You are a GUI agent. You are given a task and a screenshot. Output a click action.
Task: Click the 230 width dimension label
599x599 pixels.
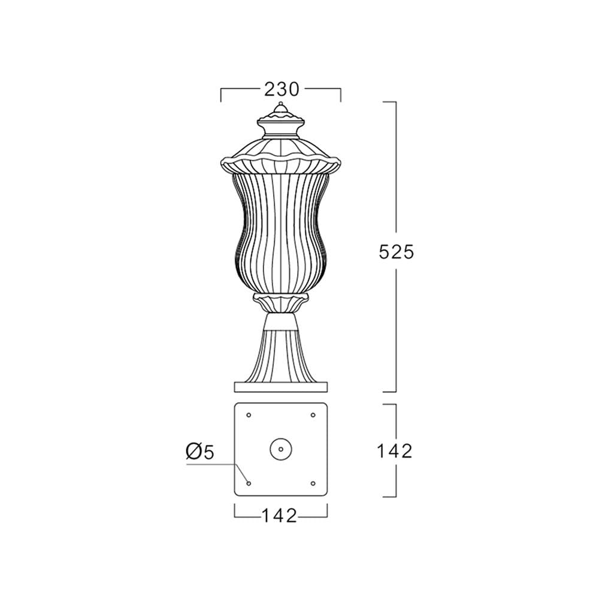(282, 90)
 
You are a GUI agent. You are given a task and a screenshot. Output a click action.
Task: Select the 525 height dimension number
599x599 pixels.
(396, 252)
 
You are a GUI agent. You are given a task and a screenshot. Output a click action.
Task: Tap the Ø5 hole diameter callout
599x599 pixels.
(200, 452)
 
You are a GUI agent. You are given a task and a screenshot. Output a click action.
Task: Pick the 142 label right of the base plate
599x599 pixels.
(395, 451)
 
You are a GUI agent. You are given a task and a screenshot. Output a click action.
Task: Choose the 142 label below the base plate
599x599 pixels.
(279, 516)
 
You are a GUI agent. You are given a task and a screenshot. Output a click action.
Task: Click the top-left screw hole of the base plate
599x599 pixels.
(249, 415)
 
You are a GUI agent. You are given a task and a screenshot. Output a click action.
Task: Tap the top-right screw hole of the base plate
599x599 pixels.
(313, 415)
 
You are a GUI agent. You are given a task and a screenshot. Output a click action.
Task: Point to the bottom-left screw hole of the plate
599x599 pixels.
(249, 483)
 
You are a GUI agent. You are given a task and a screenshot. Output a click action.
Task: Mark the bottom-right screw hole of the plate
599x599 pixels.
(313, 483)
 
